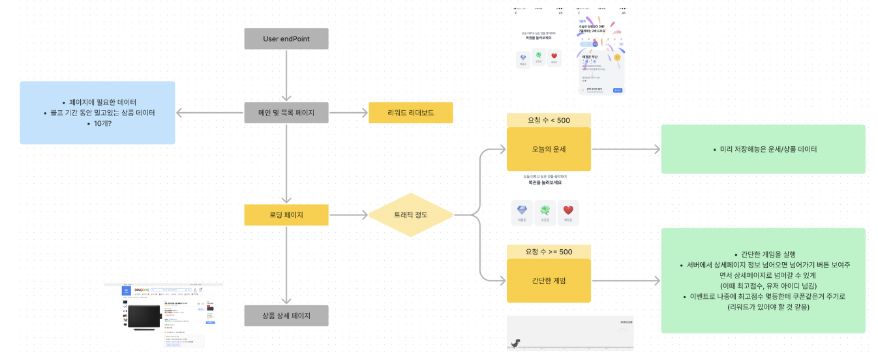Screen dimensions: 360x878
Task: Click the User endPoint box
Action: click(x=286, y=38)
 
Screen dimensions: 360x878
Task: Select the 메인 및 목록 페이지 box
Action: click(x=286, y=113)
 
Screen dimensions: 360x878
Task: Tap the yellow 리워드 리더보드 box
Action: click(x=410, y=113)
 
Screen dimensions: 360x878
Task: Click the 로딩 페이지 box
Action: click(x=286, y=215)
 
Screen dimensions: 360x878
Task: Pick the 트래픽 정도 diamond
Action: click(x=411, y=215)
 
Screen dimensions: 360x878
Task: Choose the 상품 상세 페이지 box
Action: click(x=286, y=316)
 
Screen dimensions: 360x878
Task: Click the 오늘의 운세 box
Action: click(x=549, y=149)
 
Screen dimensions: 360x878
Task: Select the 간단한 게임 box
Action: click(x=549, y=280)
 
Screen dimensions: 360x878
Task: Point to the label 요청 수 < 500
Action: click(x=549, y=120)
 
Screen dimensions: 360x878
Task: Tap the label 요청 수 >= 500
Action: click(x=549, y=252)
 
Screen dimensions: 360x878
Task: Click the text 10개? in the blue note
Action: click(x=98, y=123)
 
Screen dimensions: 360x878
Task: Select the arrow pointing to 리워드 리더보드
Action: click(x=348, y=113)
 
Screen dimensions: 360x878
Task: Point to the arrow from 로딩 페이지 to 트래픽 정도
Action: click(x=348, y=215)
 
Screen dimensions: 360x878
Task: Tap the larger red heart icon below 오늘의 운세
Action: click(x=568, y=210)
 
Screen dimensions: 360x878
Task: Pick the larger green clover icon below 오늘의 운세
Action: click(x=545, y=210)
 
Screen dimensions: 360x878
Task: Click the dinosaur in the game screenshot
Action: click(x=513, y=344)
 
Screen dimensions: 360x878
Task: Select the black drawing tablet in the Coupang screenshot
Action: click(x=143, y=318)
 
